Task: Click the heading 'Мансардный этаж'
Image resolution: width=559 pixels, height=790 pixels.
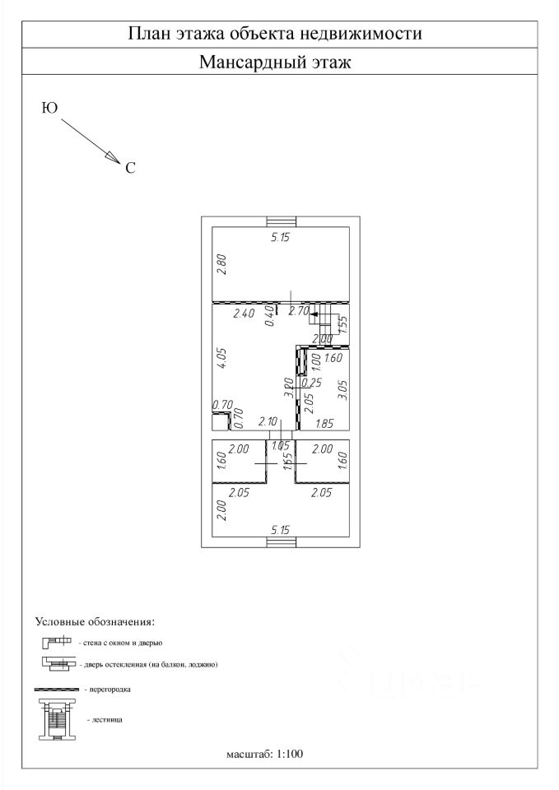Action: pos(275,63)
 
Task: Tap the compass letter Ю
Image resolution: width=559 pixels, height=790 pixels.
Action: pos(49,109)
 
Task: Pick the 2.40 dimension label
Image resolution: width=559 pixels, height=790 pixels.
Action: pos(244,314)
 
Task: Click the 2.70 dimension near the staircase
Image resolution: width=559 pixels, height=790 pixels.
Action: pos(299,312)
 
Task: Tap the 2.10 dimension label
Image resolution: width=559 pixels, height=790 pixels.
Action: pos(268,421)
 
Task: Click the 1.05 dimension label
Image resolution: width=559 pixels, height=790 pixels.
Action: pos(280,447)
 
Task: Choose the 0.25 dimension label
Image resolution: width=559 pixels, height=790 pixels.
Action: pos(312,382)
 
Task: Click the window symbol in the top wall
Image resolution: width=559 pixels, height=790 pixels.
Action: pos(282,221)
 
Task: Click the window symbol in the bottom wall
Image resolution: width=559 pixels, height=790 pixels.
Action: pos(282,541)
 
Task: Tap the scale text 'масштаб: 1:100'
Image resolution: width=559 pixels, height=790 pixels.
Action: pos(265,754)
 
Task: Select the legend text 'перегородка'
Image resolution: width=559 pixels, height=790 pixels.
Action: pos(109,688)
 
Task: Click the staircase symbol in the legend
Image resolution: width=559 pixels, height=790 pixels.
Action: pos(57,719)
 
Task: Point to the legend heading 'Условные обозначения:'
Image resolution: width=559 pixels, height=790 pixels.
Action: pos(95,620)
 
